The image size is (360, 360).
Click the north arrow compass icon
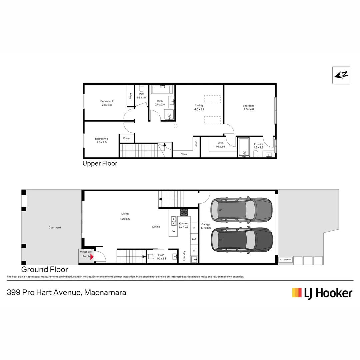click(x=341, y=75)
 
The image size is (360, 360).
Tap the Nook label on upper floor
click(x=184, y=154)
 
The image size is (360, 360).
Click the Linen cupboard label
click(x=196, y=144)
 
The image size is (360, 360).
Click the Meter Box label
click(x=86, y=252)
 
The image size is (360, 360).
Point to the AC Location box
click(x=285, y=260)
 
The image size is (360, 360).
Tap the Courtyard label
click(x=55, y=228)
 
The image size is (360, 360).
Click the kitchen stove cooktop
click(x=184, y=212)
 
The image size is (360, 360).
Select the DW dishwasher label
click(x=173, y=231)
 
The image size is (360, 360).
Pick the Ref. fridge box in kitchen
click(x=194, y=239)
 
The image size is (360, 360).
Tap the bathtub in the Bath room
click(x=161, y=89)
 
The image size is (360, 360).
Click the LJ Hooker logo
click(x=322, y=293)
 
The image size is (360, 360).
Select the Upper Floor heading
click(x=100, y=164)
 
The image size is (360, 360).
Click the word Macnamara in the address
click(x=105, y=293)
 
